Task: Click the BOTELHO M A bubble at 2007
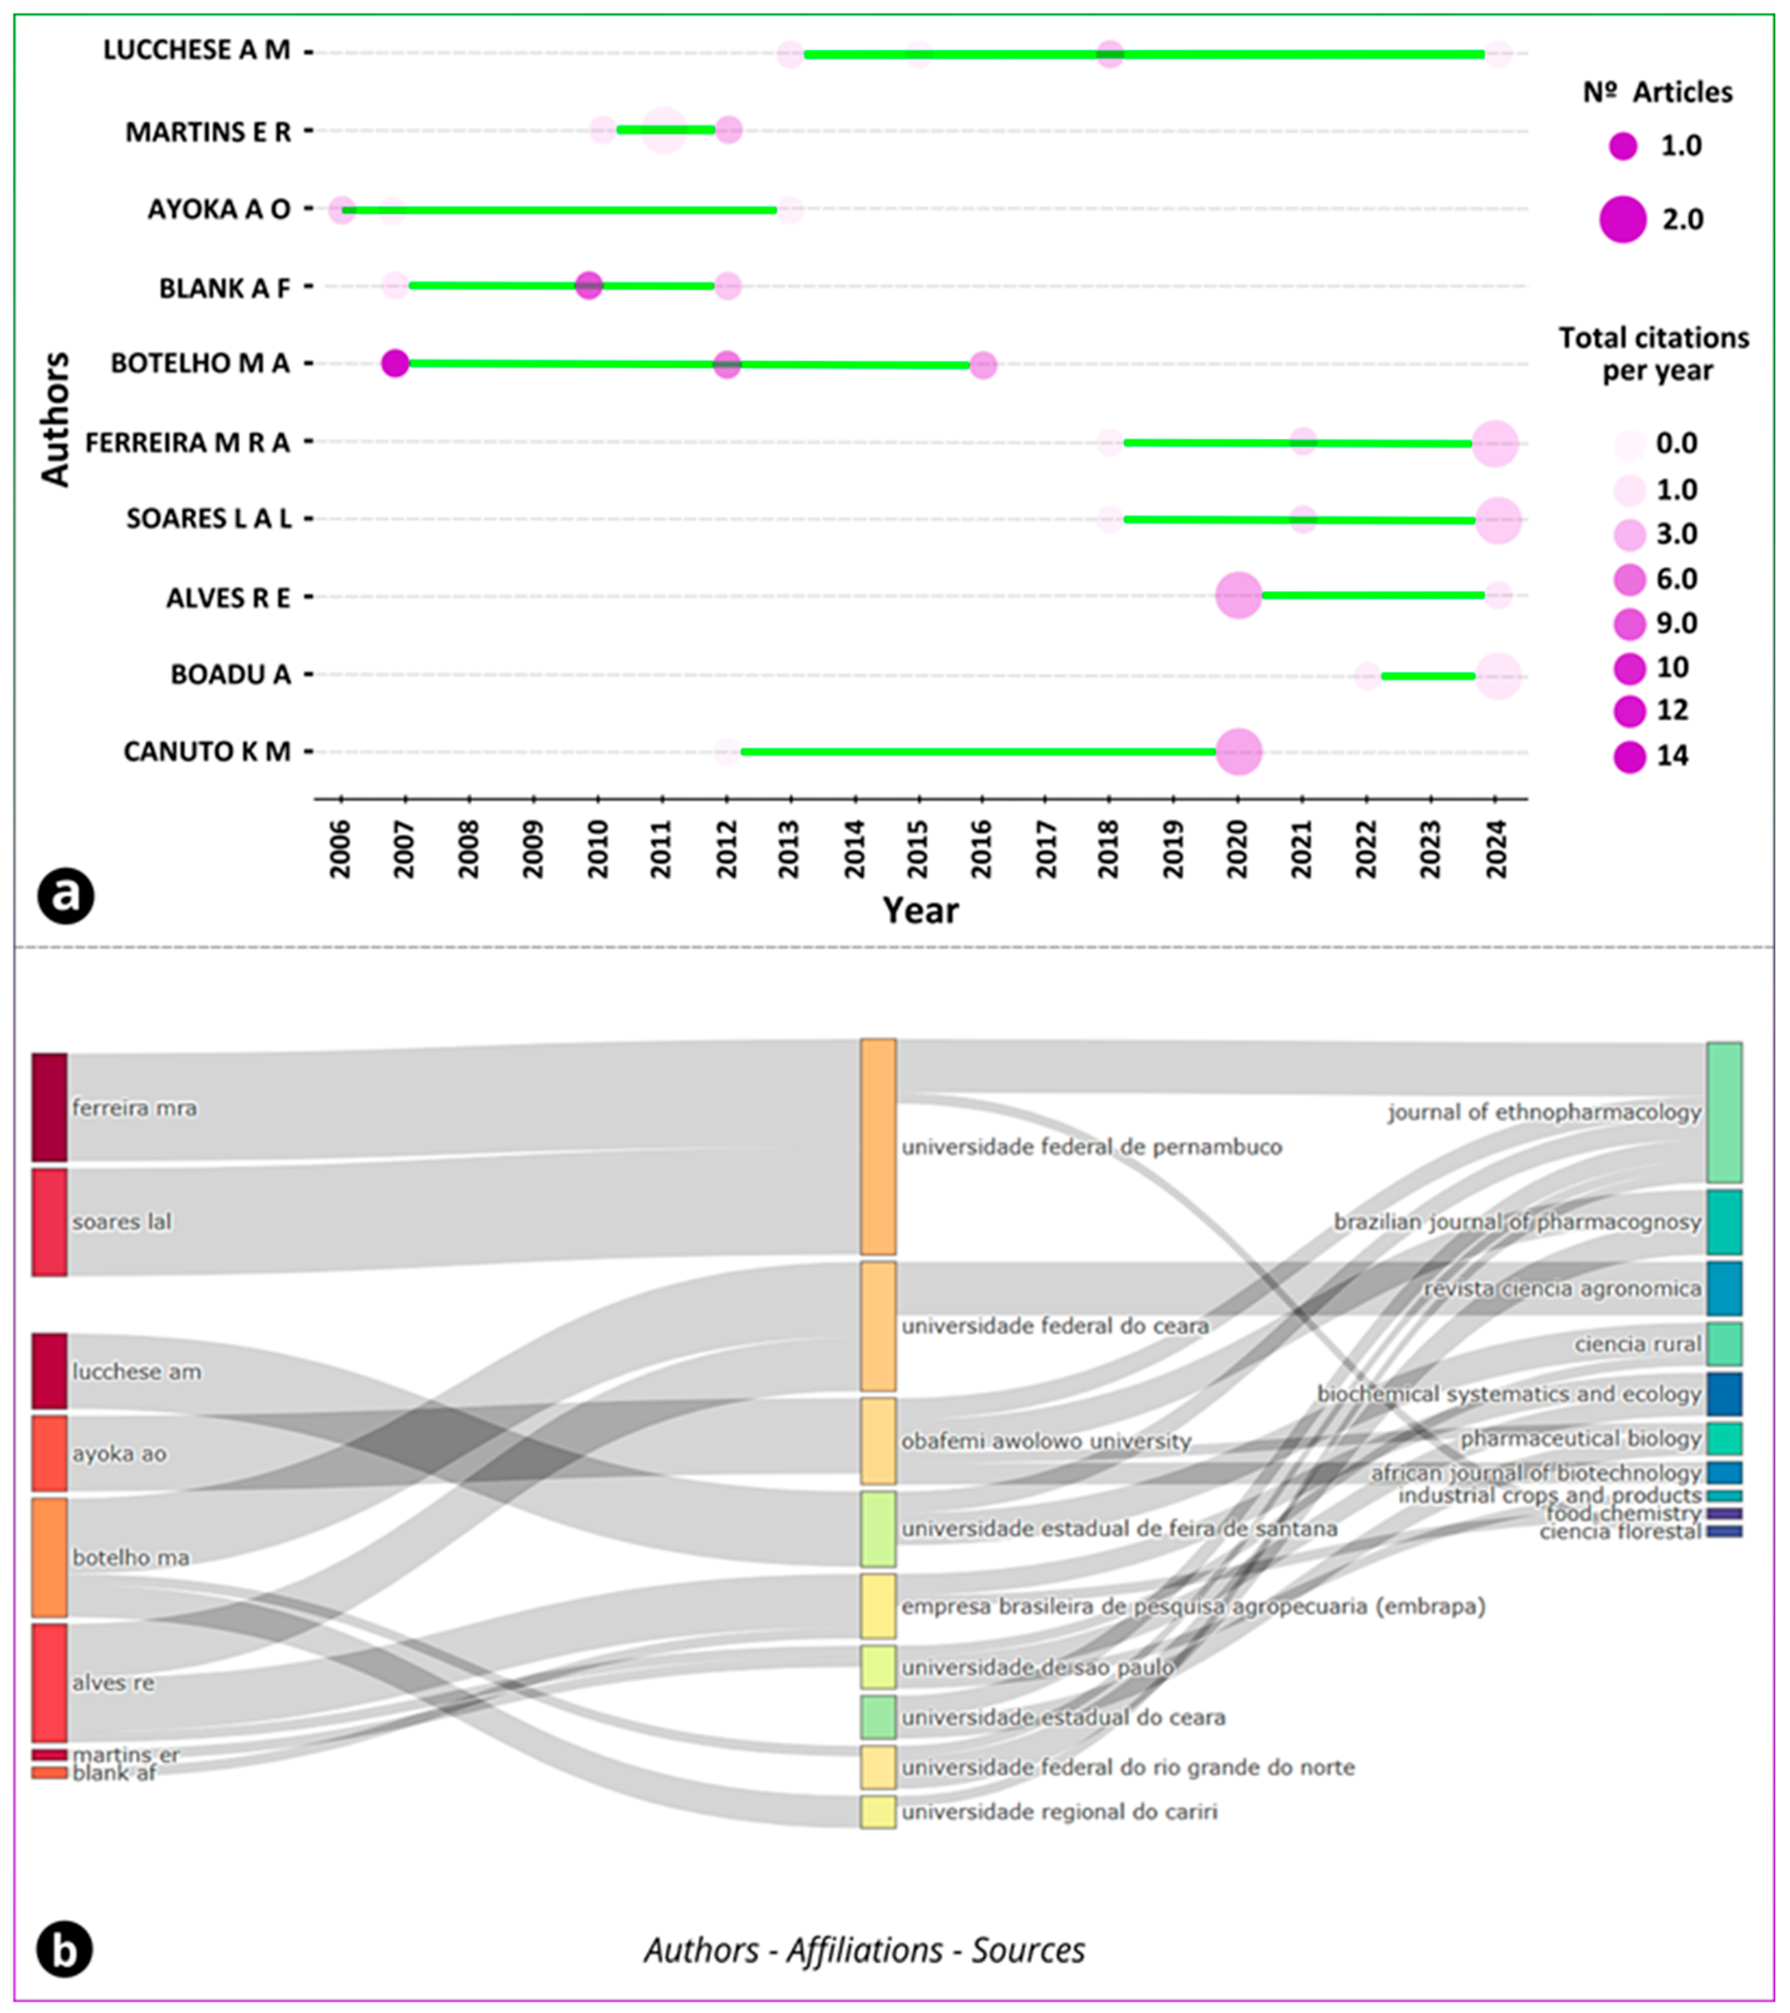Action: (x=395, y=363)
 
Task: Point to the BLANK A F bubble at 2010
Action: (x=588, y=286)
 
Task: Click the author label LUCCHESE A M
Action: (x=197, y=50)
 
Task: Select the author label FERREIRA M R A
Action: (x=187, y=443)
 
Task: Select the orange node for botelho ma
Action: (x=49, y=1557)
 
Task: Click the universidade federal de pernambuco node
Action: (x=878, y=1146)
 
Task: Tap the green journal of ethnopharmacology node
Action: (x=1724, y=1112)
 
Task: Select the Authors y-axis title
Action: (x=55, y=418)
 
